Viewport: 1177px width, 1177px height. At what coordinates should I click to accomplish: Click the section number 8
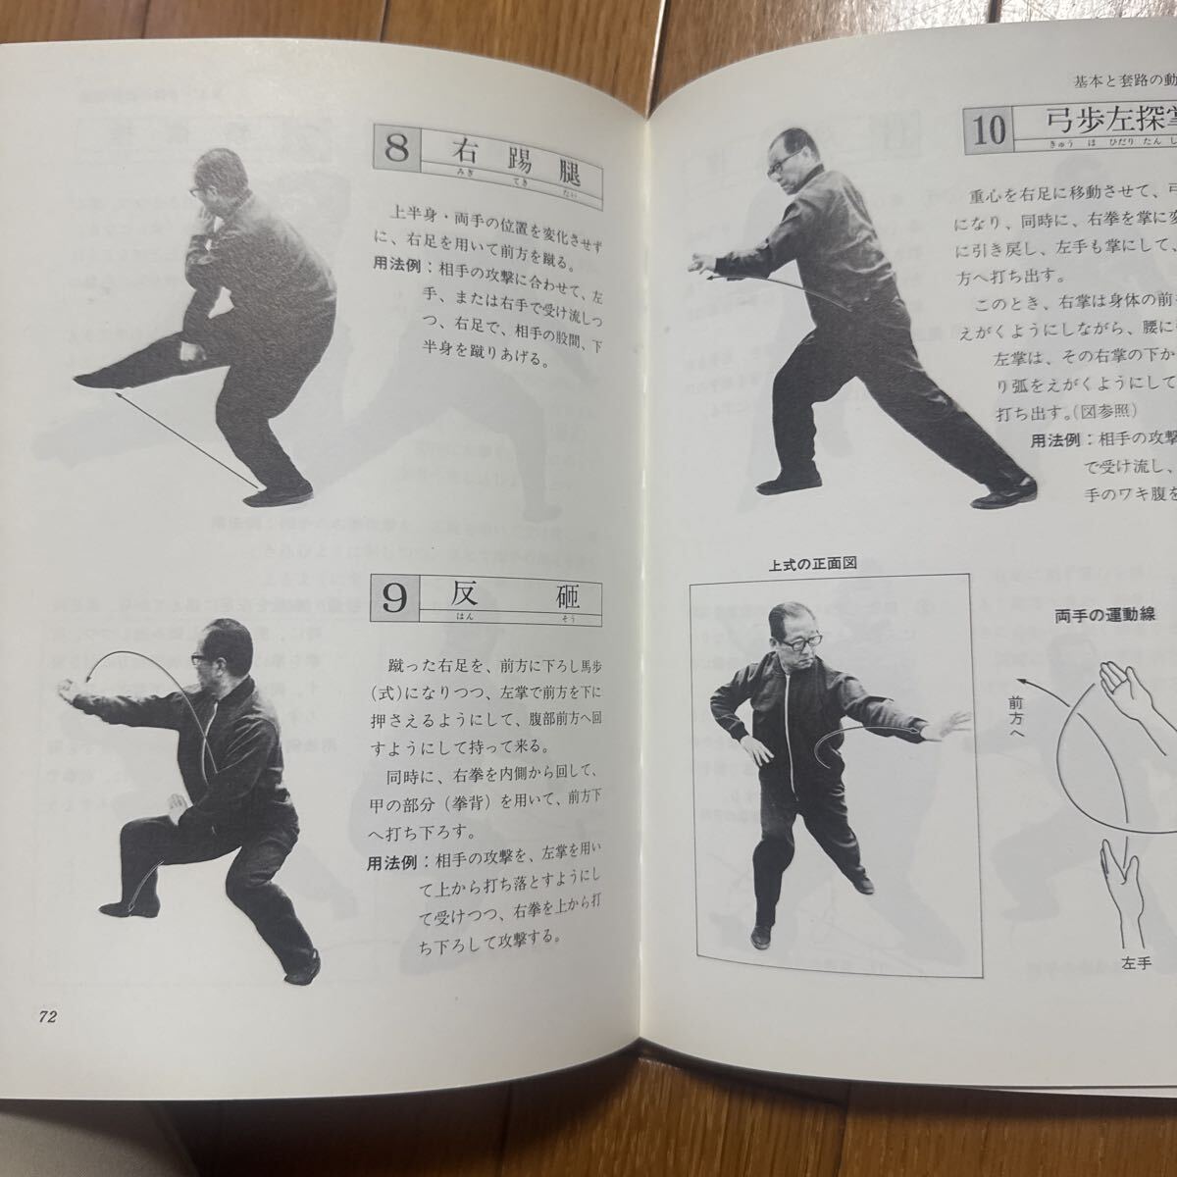pos(396,151)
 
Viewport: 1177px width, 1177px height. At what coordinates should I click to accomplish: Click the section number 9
pos(393,598)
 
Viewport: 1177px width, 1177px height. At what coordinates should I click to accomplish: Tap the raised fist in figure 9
pos(75,684)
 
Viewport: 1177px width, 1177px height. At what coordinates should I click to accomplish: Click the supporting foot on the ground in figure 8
pos(278,495)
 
